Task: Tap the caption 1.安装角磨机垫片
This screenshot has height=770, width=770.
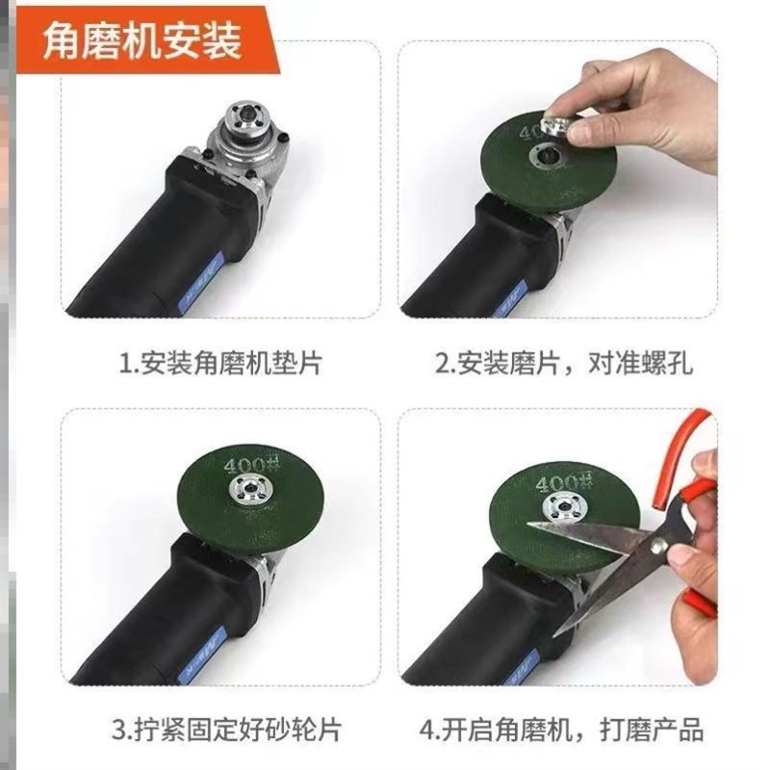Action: [x=219, y=365]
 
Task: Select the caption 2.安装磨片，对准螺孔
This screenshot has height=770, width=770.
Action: [x=564, y=365]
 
